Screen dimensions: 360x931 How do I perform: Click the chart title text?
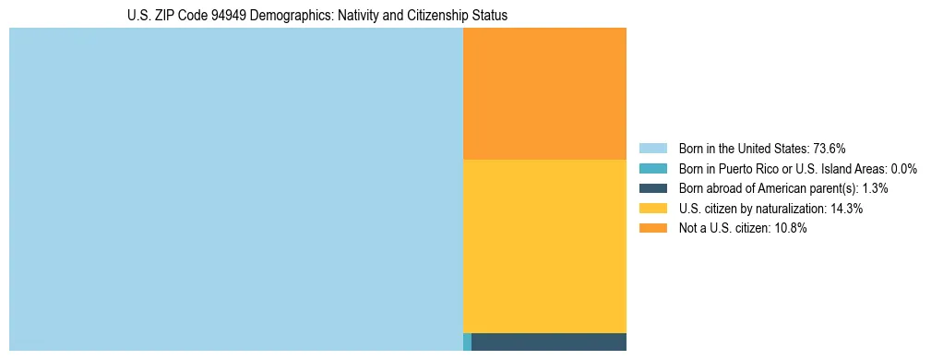pyautogui.click(x=317, y=16)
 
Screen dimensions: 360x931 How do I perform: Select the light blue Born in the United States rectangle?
pyautogui.click(x=235, y=189)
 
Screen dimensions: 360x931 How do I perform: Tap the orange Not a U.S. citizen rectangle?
pyautogui.click(x=544, y=93)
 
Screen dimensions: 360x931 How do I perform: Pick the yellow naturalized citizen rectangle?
pyautogui.click(x=544, y=246)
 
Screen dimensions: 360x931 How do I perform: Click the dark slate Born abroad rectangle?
pyautogui.click(x=548, y=342)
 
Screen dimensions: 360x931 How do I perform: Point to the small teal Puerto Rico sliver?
pyautogui.click(x=467, y=342)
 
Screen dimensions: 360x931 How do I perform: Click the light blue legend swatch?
pyautogui.click(x=652, y=149)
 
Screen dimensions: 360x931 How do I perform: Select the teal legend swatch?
pyautogui.click(x=652, y=169)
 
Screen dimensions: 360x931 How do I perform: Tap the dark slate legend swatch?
pyautogui.click(x=652, y=188)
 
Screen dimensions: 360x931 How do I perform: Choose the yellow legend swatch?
pyautogui.click(x=652, y=209)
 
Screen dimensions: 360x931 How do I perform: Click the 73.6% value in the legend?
pyautogui.click(x=830, y=149)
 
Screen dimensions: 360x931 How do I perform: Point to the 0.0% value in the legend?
pyautogui.click(x=903, y=169)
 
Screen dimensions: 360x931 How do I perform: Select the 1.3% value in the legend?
pyautogui.click(x=876, y=188)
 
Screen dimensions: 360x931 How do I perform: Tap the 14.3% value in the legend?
pyautogui.click(x=847, y=209)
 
